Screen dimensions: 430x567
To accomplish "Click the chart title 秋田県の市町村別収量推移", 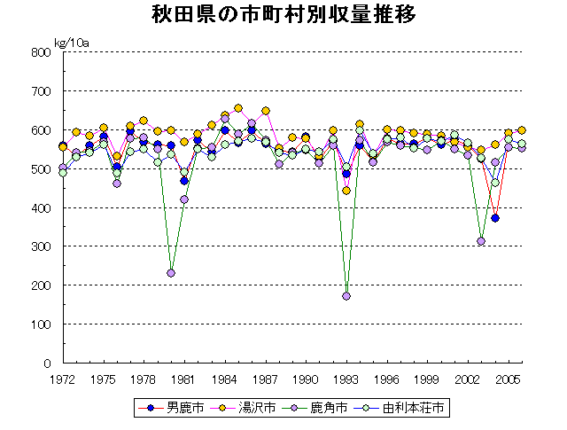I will pyautogui.click(x=283, y=16).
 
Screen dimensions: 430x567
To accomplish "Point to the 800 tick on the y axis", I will pyautogui.click(x=41, y=52).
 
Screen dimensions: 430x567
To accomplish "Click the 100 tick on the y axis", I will pyautogui.click(x=41, y=324).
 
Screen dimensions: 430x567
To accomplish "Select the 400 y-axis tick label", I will pyautogui.click(x=41, y=208).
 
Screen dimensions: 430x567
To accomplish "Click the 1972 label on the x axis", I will pyautogui.click(x=62, y=379).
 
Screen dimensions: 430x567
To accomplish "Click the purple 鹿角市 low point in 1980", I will pyautogui.click(x=171, y=273).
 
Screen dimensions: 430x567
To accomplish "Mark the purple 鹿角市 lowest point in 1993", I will pyautogui.click(x=346, y=296).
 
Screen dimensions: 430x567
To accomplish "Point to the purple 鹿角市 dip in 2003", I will pyautogui.click(x=481, y=241).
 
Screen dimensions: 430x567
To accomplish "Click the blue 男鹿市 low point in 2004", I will pyautogui.click(x=495, y=218).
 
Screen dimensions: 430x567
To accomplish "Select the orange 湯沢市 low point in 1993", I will pyautogui.click(x=346, y=191).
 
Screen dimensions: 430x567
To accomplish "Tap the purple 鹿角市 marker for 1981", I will pyautogui.click(x=184, y=199).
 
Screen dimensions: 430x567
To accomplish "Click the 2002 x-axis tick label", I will pyautogui.click(x=468, y=379).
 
